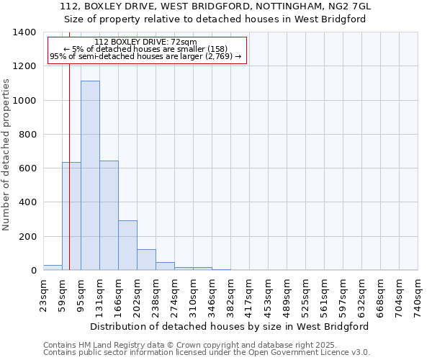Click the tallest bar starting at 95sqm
click(x=90, y=176)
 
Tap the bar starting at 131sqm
click(x=109, y=215)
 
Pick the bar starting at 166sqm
click(x=127, y=245)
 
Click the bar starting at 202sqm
click(x=146, y=259)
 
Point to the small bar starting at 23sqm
click(x=53, y=267)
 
